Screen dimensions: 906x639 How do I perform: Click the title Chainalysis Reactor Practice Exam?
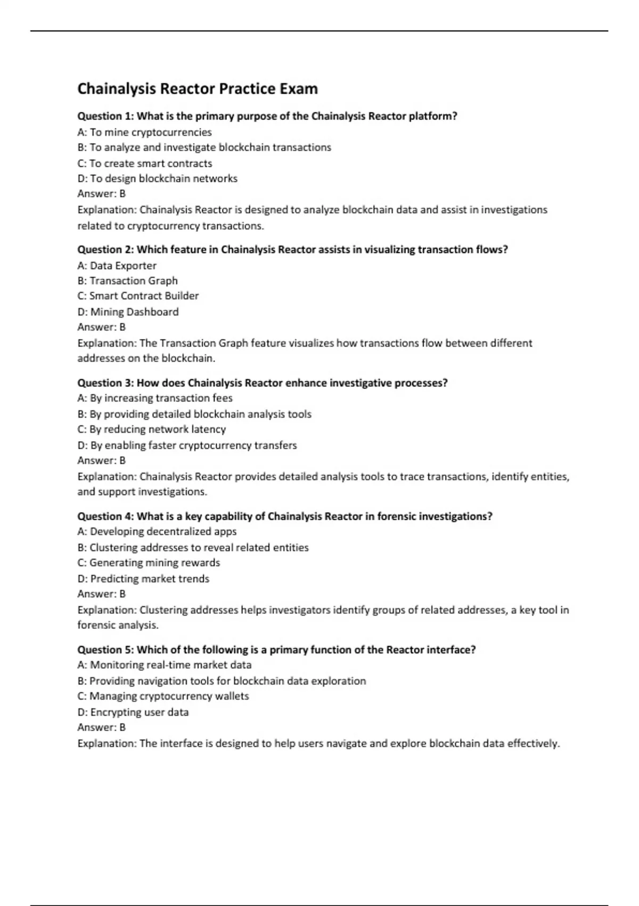(198, 88)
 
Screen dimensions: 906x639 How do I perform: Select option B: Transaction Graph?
(128, 281)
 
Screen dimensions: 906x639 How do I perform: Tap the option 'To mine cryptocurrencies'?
(144, 132)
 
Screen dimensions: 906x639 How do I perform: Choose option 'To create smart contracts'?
(144, 163)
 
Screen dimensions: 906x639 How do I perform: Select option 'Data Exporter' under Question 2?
(117, 265)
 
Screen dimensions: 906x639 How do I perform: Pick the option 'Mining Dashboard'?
(128, 312)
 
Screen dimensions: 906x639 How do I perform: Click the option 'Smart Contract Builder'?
(138, 296)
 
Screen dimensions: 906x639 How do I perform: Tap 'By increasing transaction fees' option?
(155, 398)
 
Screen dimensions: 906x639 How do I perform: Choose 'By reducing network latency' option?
(151, 429)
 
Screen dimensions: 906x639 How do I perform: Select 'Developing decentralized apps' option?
(157, 531)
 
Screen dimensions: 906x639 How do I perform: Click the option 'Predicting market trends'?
(143, 579)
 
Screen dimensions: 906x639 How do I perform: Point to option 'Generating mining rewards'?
(149, 563)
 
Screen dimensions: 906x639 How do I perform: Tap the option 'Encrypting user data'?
(133, 712)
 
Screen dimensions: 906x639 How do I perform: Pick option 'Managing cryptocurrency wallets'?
(163, 696)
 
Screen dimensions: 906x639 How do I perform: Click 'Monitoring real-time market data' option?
(165, 665)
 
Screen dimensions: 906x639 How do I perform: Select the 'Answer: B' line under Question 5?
(102, 727)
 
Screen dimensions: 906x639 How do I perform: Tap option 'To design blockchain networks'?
(157, 179)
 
